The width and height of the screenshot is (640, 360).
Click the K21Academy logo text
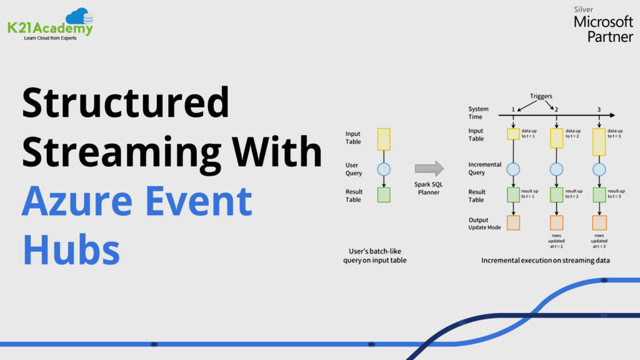(50, 28)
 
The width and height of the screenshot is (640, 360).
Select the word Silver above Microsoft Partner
(583, 9)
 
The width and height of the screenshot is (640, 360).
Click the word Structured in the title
(126, 102)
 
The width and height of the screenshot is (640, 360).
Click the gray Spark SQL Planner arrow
(429, 168)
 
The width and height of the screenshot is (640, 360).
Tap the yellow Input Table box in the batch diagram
(384, 139)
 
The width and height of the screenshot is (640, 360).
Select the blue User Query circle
(384, 169)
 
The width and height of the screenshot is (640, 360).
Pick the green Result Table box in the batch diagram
(384, 195)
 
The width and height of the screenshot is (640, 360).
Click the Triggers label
(541, 96)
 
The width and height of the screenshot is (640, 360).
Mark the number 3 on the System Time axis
(599, 109)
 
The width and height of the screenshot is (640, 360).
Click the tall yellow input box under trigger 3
(599, 142)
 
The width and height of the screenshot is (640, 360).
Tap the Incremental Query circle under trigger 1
(513, 169)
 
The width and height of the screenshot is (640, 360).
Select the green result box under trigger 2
(556, 195)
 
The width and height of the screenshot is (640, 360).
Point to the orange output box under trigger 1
(513, 223)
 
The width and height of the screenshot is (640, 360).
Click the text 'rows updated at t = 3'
(599, 241)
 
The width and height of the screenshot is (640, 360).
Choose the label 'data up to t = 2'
(572, 134)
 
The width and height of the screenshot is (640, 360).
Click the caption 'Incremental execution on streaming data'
(545, 261)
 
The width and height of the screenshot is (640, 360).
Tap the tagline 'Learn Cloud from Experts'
(50, 38)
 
